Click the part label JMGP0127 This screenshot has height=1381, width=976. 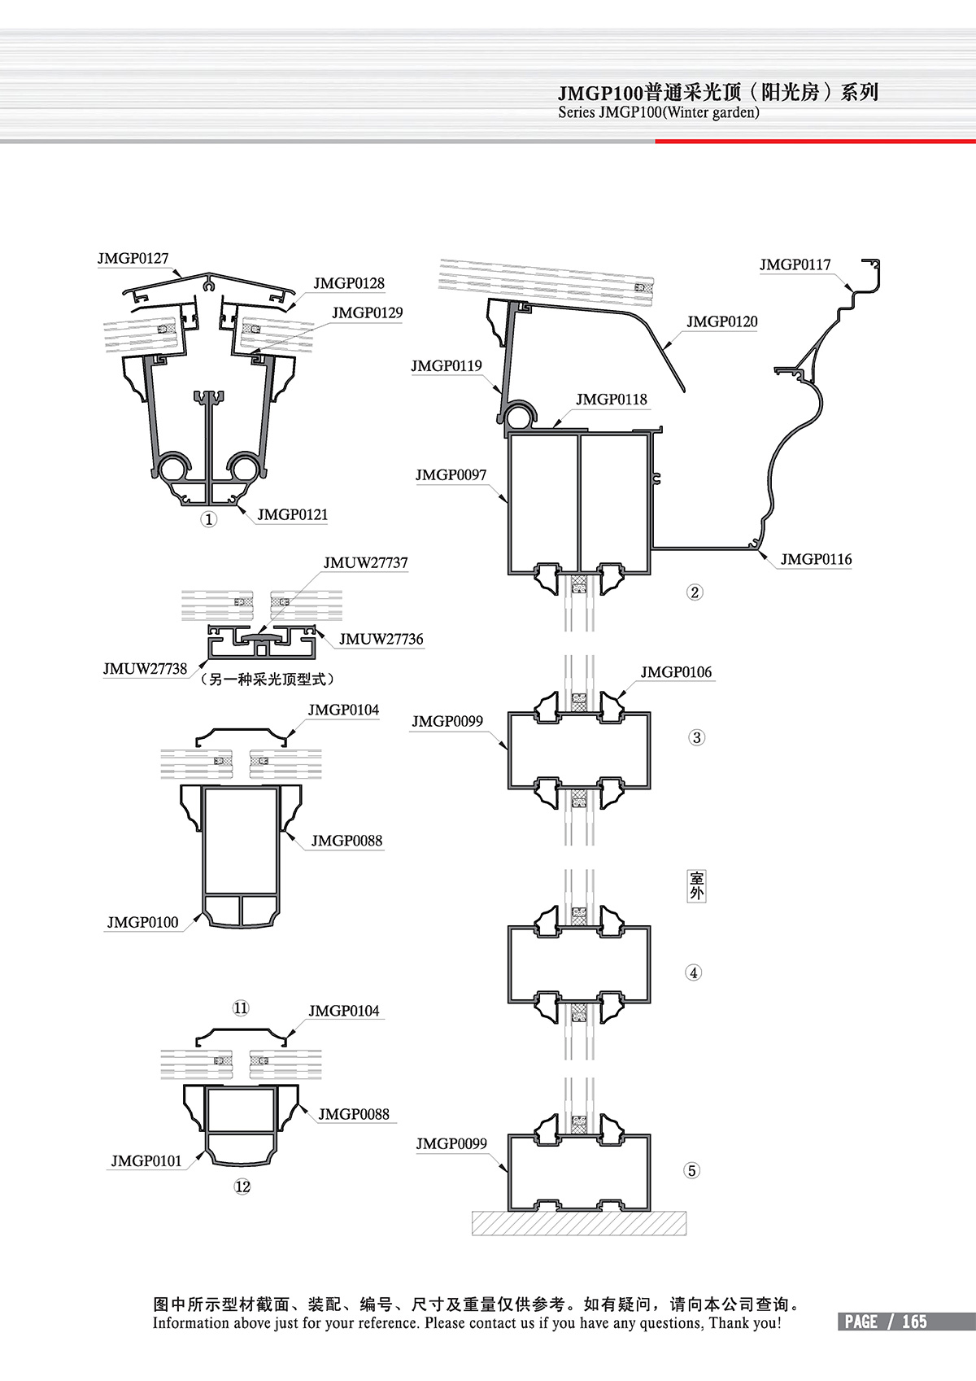(x=133, y=259)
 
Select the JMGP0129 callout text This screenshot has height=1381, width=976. (x=367, y=313)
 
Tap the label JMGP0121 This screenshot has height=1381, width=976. (x=292, y=515)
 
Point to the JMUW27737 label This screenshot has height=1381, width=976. (x=365, y=563)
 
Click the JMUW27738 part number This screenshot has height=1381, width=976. (x=145, y=669)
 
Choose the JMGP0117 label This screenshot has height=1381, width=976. (x=795, y=265)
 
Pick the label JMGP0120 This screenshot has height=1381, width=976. (x=721, y=322)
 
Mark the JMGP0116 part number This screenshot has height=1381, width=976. (x=816, y=560)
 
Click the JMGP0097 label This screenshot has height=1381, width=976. (x=451, y=475)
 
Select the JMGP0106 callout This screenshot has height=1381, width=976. (x=675, y=672)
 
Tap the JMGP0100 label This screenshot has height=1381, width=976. (x=142, y=923)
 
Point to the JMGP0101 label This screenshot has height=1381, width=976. (x=146, y=1161)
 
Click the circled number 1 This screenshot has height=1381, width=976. (x=209, y=519)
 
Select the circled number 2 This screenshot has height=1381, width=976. (x=695, y=592)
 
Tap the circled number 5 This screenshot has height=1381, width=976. (x=692, y=1171)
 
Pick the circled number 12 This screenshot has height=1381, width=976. (x=242, y=1187)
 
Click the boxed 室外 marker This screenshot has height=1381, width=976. (x=696, y=885)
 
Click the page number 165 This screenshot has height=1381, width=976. (x=914, y=1322)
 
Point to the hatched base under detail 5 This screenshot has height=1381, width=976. (x=578, y=1223)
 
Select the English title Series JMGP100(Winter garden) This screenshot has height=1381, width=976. (x=659, y=113)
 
